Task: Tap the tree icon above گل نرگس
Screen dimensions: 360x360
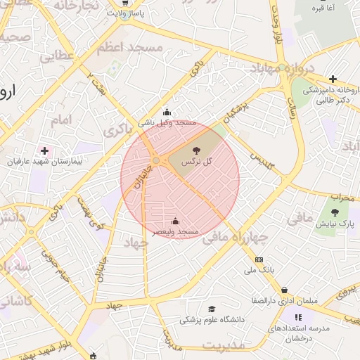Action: coord(196,150)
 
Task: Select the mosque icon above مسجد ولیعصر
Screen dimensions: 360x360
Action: coord(175,221)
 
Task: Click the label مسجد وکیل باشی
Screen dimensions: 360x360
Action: coord(167,122)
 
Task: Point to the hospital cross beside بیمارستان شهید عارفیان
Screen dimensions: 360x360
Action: coord(46,150)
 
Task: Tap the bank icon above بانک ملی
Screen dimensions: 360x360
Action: coord(259,259)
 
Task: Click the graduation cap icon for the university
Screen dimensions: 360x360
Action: coord(212,308)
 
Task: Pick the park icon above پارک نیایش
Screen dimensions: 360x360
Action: coord(335,212)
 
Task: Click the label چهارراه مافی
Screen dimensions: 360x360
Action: coord(236,238)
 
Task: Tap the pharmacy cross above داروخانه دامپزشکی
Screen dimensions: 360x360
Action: coord(333,79)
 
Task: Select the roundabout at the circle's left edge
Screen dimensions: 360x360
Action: coord(155,160)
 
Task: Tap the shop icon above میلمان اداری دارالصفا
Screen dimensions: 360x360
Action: coord(284,289)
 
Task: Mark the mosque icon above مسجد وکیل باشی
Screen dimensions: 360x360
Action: coord(167,111)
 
